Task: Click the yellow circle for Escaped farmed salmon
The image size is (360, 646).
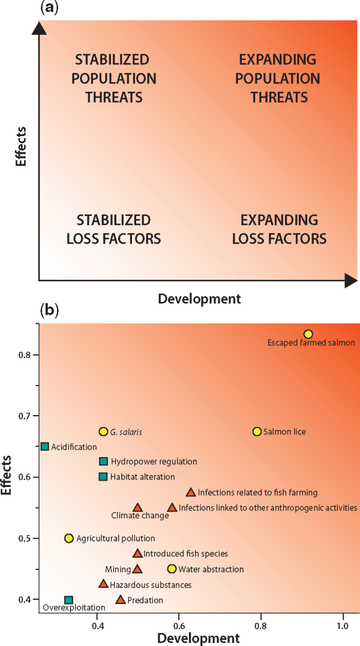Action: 308,334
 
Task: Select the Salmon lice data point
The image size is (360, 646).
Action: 257,431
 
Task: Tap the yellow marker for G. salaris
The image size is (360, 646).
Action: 103,431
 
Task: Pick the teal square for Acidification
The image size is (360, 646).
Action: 45,446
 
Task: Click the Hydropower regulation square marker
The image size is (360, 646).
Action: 103,461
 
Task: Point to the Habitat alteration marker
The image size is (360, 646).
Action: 103,477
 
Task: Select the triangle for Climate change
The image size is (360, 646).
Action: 137,508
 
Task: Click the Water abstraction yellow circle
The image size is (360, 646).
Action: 172,569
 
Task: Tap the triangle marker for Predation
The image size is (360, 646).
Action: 121,600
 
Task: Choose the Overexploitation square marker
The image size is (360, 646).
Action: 69,600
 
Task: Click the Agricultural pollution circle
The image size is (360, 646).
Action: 69,538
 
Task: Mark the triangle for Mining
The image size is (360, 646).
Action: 137,569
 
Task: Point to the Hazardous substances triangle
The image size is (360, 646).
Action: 103,584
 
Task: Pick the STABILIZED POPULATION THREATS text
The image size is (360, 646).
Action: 116,78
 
